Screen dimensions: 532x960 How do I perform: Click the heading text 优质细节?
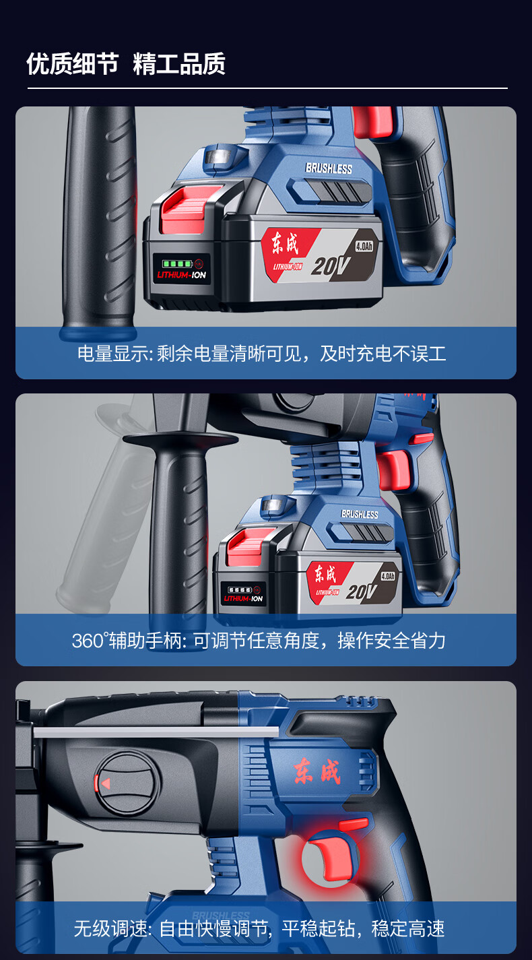point(72,64)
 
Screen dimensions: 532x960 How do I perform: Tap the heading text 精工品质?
point(179,64)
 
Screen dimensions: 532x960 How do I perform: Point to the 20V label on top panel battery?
point(330,266)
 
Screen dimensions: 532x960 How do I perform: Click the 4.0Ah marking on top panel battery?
point(364,246)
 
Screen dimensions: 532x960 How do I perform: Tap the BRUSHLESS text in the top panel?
point(329,168)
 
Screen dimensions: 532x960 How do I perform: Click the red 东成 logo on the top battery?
point(285,243)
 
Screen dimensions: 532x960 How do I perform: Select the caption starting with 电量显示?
point(262,354)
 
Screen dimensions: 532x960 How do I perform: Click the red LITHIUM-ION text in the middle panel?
point(243,598)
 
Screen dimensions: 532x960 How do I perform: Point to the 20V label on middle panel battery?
point(361,592)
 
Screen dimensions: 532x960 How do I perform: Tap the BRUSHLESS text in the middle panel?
point(360,514)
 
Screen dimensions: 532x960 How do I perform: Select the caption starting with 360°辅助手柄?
point(259,641)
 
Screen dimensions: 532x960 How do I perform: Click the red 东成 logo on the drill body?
point(317,771)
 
